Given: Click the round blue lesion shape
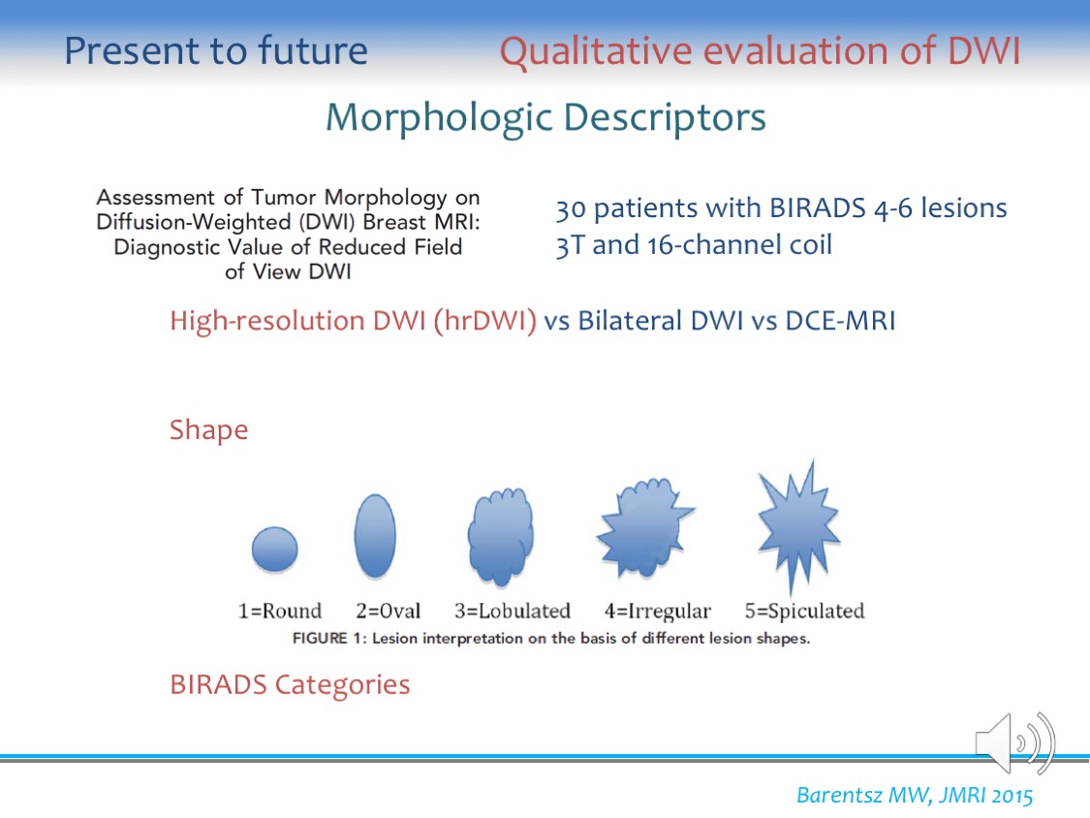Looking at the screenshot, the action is click(x=274, y=550).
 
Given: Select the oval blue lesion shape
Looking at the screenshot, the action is click(x=375, y=536).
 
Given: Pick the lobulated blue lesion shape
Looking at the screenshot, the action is click(x=501, y=536).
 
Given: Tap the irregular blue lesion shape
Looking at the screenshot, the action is click(x=643, y=528).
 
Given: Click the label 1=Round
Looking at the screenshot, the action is click(x=279, y=611).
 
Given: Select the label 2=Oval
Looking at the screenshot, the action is click(x=388, y=611).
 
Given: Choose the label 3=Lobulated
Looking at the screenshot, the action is click(x=513, y=611).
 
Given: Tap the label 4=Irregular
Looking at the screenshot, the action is click(x=658, y=612).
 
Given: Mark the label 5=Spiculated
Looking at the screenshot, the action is click(x=804, y=612).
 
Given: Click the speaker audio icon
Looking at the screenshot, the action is click(x=1015, y=742).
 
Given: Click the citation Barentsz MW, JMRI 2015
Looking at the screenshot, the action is click(x=914, y=795).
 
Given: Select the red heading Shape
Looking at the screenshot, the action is click(x=208, y=430).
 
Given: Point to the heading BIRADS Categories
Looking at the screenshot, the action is click(x=290, y=685).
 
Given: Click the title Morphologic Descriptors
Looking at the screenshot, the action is click(x=545, y=117).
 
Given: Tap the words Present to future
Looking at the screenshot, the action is click(x=215, y=51).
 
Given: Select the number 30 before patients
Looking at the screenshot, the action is click(x=571, y=208).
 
